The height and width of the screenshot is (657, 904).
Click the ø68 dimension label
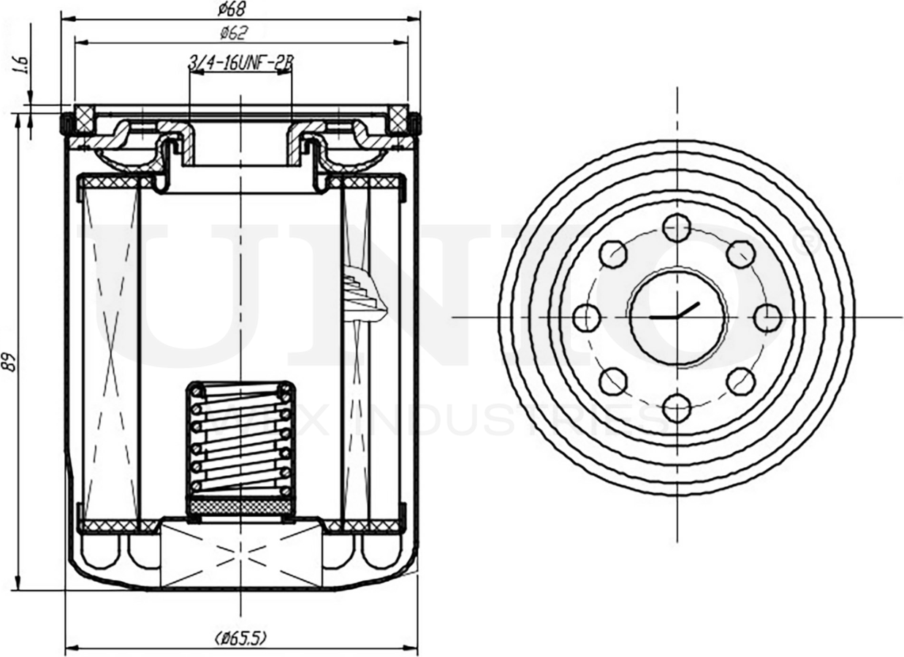pos(232,9)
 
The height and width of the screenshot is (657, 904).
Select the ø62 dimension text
pos(233,32)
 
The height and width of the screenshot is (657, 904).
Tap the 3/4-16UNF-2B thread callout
pos(240,64)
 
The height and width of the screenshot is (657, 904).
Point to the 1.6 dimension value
pos(21,66)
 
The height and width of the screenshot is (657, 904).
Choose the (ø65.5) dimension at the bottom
pos(240,637)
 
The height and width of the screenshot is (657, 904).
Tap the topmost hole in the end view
pos(677,228)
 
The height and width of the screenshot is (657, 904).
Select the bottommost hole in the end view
pos(677,407)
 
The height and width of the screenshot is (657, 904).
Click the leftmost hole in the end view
pos(587,318)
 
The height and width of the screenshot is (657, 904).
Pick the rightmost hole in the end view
pos(767,318)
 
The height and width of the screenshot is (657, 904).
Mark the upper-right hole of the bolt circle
pos(740,254)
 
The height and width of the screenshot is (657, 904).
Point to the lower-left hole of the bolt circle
pos(613,381)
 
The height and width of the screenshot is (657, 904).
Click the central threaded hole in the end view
pos(677,318)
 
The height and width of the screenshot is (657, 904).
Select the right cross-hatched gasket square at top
pos(398,116)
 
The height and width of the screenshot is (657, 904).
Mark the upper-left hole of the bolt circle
pos(613,254)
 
